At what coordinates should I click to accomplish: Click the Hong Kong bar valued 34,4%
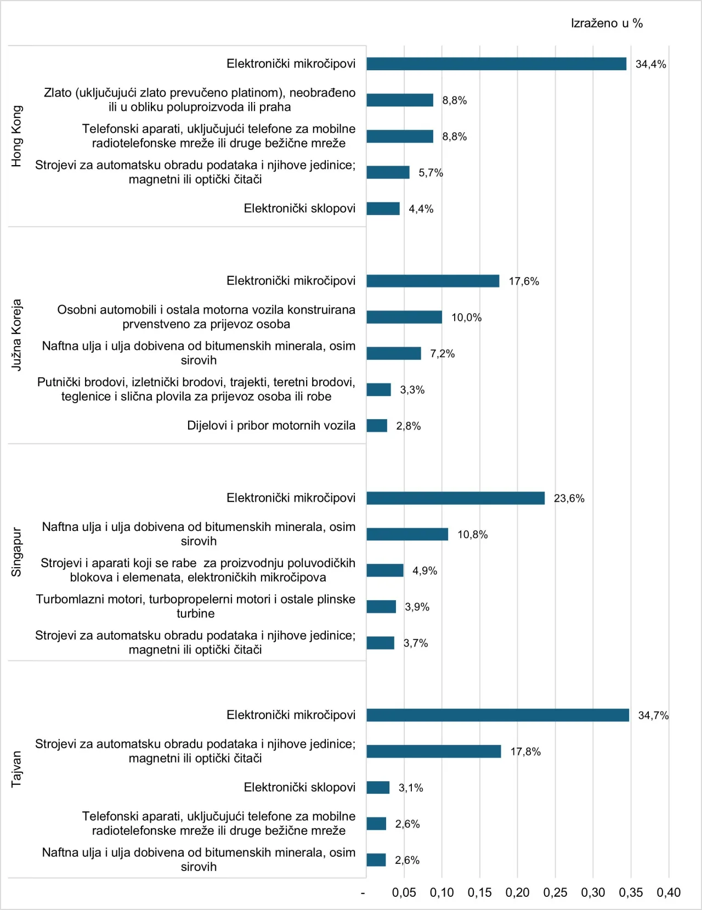click(496, 64)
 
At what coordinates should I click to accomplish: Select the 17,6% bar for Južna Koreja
click(433, 281)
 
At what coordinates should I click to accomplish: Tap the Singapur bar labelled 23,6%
click(455, 498)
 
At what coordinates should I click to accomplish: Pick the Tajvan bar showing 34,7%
click(497, 715)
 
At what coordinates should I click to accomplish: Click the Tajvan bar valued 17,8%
click(433, 751)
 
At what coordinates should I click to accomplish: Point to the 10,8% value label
click(472, 534)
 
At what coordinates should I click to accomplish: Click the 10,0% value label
click(466, 317)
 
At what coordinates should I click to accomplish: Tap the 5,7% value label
click(431, 173)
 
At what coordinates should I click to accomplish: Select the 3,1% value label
click(411, 788)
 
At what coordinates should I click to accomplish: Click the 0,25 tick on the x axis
click(555, 892)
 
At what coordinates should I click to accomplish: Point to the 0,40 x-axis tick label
click(669, 892)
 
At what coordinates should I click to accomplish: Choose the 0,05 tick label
click(404, 892)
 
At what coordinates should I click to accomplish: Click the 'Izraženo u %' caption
click(607, 23)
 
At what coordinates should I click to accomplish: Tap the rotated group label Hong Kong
click(17, 136)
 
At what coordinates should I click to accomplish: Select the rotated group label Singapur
click(17, 552)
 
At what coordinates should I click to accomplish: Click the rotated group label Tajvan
click(17, 769)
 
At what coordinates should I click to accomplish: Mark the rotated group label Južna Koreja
click(17, 335)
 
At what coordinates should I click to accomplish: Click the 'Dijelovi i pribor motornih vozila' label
click(271, 426)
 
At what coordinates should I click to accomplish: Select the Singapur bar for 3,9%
click(381, 607)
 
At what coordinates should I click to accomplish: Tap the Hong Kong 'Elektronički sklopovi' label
click(299, 208)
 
